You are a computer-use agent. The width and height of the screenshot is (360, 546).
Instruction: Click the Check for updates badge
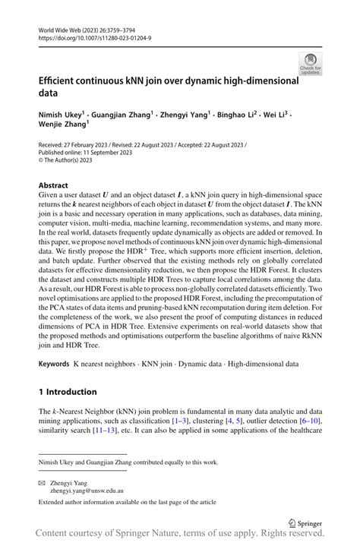click(x=310, y=64)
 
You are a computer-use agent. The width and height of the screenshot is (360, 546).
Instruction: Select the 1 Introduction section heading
click(x=68, y=392)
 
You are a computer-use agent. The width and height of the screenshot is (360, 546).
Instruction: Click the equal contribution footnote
click(x=124, y=461)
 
